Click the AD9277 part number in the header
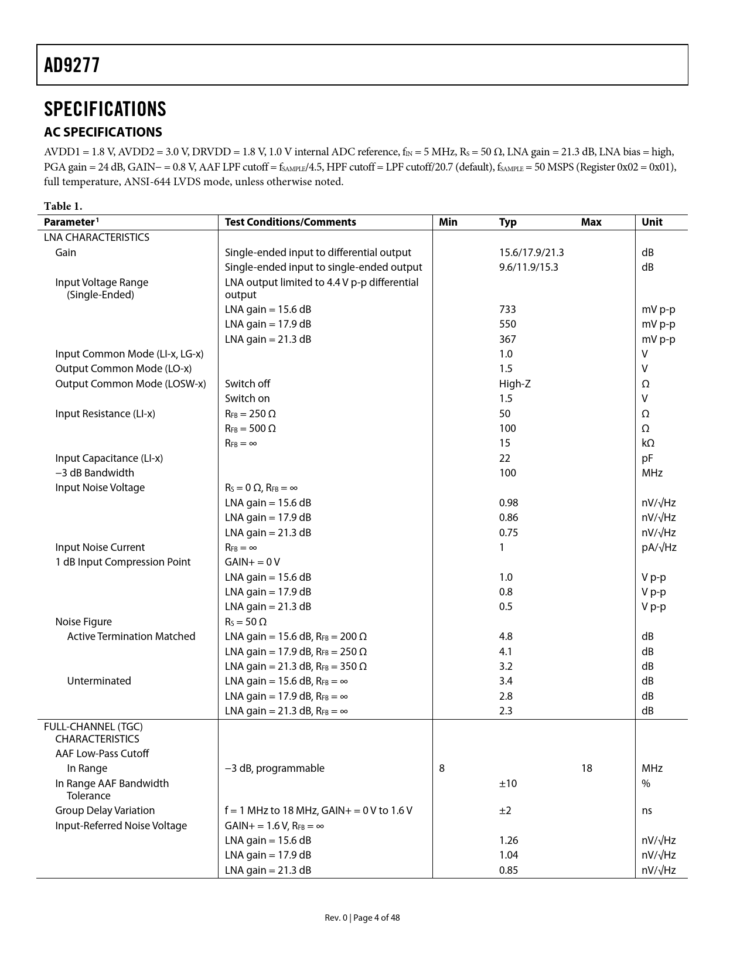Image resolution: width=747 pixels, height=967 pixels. [x=72, y=65]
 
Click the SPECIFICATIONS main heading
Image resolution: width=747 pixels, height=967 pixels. [x=105, y=109]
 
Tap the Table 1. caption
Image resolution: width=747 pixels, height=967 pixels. [x=63, y=206]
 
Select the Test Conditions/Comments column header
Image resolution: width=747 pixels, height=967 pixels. [x=290, y=222]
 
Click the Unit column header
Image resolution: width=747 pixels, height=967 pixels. [x=652, y=222]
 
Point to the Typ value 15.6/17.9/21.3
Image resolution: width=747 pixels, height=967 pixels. [x=531, y=253]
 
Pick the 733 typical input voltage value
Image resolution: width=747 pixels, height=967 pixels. [x=507, y=309]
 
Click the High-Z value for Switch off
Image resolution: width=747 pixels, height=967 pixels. [x=514, y=384]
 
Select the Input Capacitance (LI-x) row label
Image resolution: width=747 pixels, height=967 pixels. [x=109, y=458]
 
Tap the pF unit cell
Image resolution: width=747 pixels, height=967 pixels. [x=647, y=458]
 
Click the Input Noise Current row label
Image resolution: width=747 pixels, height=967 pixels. [x=100, y=547]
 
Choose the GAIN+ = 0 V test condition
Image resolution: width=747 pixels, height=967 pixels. [x=252, y=562]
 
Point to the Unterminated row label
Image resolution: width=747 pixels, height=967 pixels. [x=99, y=681]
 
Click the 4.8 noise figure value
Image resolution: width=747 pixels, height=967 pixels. [x=506, y=636]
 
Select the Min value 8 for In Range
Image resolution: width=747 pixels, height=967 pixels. [x=442, y=768]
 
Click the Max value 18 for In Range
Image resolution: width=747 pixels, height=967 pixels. [x=586, y=768]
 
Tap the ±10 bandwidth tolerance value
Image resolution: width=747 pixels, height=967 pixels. [x=508, y=784]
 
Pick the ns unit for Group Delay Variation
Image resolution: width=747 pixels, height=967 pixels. [x=647, y=811]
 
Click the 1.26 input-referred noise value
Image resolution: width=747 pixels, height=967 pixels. [x=509, y=840]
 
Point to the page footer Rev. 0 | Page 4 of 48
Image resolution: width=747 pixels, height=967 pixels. [x=362, y=918]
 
